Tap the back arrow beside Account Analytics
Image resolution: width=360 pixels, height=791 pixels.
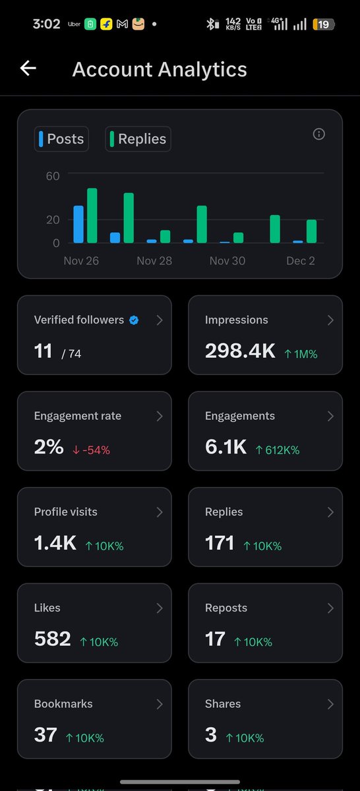tap(28, 69)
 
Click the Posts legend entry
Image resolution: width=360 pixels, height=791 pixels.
tap(61, 139)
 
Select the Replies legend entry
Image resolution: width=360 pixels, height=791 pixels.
tap(138, 139)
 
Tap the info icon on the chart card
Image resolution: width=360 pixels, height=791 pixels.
tap(319, 134)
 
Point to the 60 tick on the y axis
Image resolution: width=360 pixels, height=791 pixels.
tap(53, 176)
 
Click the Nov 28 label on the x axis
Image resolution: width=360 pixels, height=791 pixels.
tap(154, 261)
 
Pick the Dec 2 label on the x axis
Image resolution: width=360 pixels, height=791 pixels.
tap(300, 261)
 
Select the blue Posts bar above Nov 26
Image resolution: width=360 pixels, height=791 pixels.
tap(78, 224)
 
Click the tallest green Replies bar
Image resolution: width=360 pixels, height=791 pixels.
tap(92, 216)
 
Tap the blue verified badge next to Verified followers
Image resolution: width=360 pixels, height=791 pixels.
tap(134, 320)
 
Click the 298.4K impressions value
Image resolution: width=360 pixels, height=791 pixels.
tap(240, 351)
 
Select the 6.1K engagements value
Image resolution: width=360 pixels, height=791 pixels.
tap(225, 448)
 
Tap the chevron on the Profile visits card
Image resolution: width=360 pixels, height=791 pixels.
tap(159, 512)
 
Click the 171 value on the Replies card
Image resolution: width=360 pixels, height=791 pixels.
tap(220, 543)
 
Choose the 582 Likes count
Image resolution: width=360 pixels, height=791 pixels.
tap(52, 639)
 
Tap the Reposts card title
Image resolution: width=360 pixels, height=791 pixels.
tap(226, 608)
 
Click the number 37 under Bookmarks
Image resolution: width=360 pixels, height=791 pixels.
tap(45, 735)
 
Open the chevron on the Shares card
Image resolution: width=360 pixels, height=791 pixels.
tap(330, 704)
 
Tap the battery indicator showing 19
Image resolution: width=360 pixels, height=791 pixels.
tap(323, 24)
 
